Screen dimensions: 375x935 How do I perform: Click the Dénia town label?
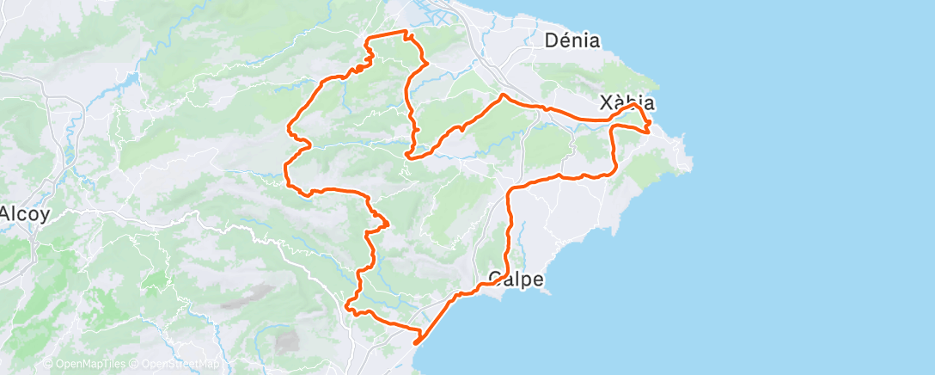[x=571, y=40]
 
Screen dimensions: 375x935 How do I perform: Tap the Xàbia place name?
[x=629, y=102]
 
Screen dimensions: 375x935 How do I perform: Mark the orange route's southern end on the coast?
[x=416, y=342]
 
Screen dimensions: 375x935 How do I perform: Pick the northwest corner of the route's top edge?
[x=370, y=38]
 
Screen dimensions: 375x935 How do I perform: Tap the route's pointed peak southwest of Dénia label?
[x=501, y=95]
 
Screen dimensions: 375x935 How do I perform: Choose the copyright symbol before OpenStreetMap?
[x=134, y=364]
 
